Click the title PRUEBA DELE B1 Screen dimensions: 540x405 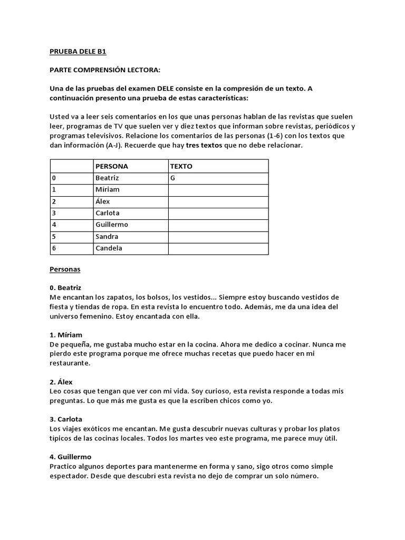pos(78,52)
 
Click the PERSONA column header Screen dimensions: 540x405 pos(111,166)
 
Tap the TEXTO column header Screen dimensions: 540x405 pos(181,166)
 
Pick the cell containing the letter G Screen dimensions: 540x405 pos(172,178)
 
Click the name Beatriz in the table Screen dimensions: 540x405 pos(108,178)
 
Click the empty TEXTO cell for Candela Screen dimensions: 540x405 pos(218,248)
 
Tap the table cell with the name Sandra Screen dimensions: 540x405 pos(107,237)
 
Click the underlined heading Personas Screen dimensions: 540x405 pos(65,269)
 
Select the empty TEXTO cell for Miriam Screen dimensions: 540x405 pos(218,190)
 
